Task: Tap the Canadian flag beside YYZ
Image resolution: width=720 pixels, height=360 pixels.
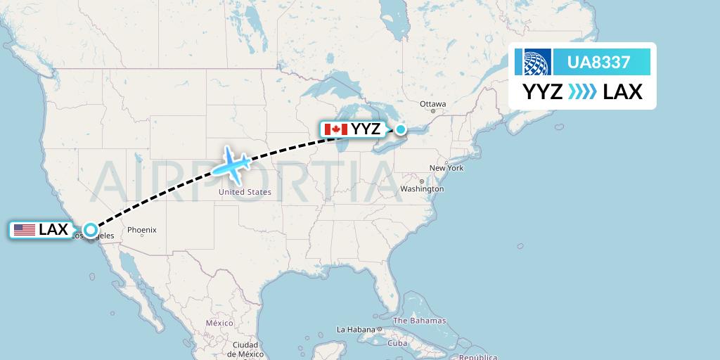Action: point(335,129)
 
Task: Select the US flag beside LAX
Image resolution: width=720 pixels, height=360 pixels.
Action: point(24,230)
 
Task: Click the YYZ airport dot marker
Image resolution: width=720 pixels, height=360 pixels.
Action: point(400,129)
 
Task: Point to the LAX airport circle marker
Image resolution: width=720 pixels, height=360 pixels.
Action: point(91,229)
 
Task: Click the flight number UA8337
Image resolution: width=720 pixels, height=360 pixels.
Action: point(599,63)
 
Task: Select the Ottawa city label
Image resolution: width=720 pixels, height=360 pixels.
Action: point(432,104)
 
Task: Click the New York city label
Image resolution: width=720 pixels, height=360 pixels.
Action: point(446,168)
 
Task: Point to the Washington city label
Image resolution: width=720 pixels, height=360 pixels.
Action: point(422,189)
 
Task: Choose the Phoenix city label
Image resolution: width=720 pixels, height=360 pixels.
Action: point(141,230)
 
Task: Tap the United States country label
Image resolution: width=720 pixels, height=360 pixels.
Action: point(245,192)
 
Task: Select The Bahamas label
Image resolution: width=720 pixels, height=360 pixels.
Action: point(419,321)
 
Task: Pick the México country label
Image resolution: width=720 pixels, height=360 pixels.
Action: point(219,322)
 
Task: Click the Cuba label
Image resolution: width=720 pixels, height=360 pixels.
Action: point(398,343)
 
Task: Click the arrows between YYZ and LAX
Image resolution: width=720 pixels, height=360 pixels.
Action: point(582,92)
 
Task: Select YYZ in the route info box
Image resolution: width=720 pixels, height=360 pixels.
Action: point(542,92)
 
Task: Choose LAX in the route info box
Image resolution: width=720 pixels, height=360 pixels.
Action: point(622,92)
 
